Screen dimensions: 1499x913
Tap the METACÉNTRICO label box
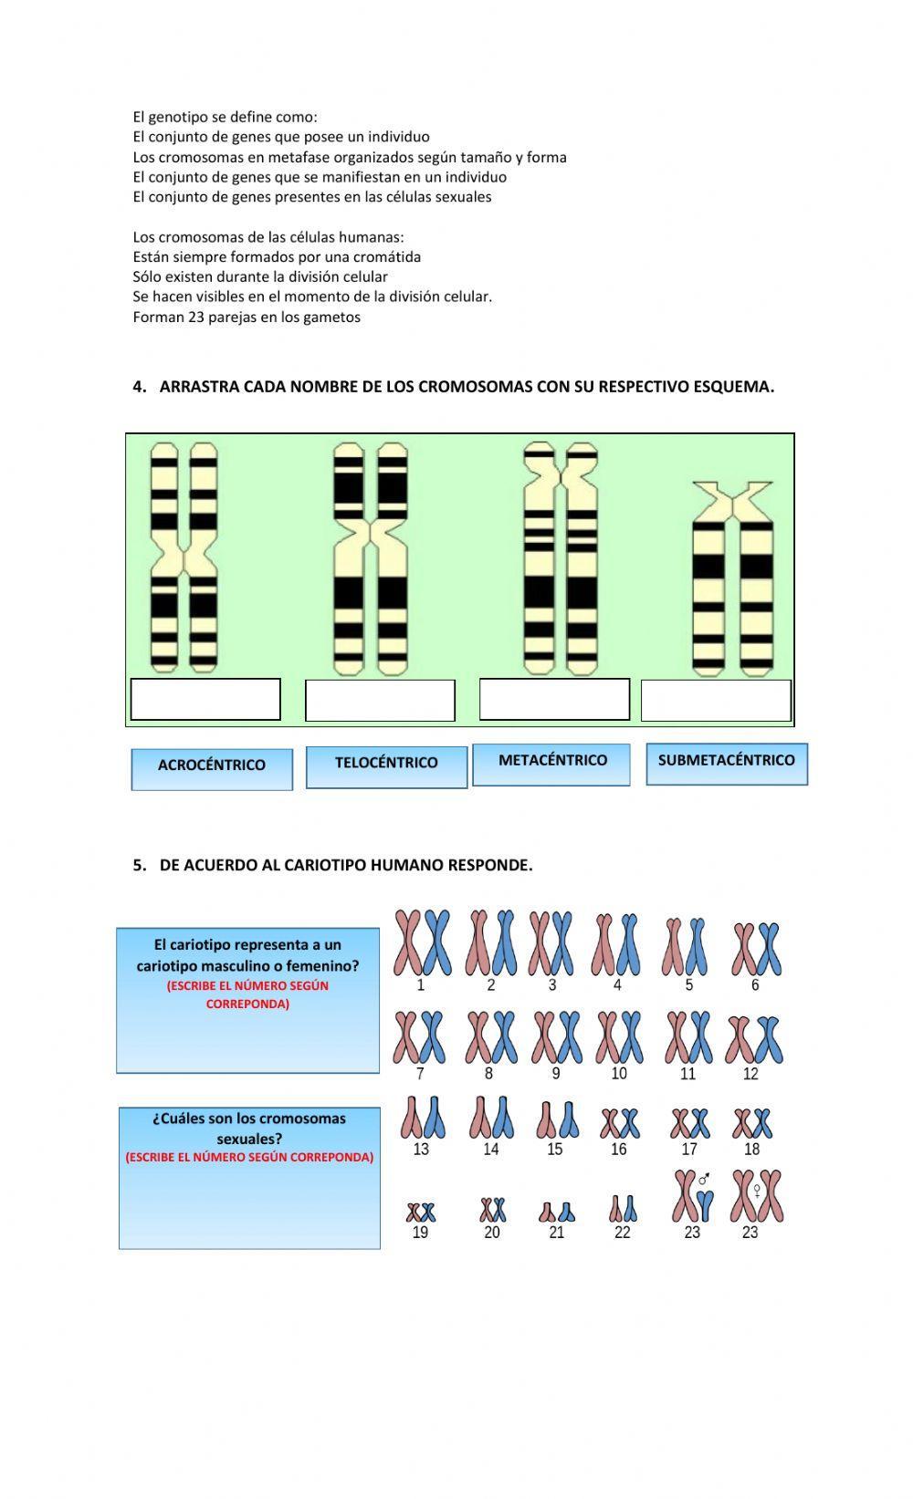551,764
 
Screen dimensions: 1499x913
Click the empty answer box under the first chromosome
205,700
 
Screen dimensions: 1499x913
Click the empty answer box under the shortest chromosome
716,701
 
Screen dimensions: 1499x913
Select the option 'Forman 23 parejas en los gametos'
247,317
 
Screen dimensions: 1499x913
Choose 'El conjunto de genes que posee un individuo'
281,137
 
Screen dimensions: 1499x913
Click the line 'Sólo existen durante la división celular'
260,276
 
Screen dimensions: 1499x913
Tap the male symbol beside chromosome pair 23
704,1180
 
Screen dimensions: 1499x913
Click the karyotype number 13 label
421,1150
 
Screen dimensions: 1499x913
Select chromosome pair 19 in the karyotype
421,1213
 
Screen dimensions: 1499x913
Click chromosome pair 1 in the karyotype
422,942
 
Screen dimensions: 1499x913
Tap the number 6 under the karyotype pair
755,985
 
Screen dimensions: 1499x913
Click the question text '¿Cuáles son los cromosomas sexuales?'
249,1129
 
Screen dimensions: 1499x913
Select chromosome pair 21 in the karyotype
557,1212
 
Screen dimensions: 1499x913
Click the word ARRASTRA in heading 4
194,386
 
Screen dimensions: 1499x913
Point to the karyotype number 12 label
750,1074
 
